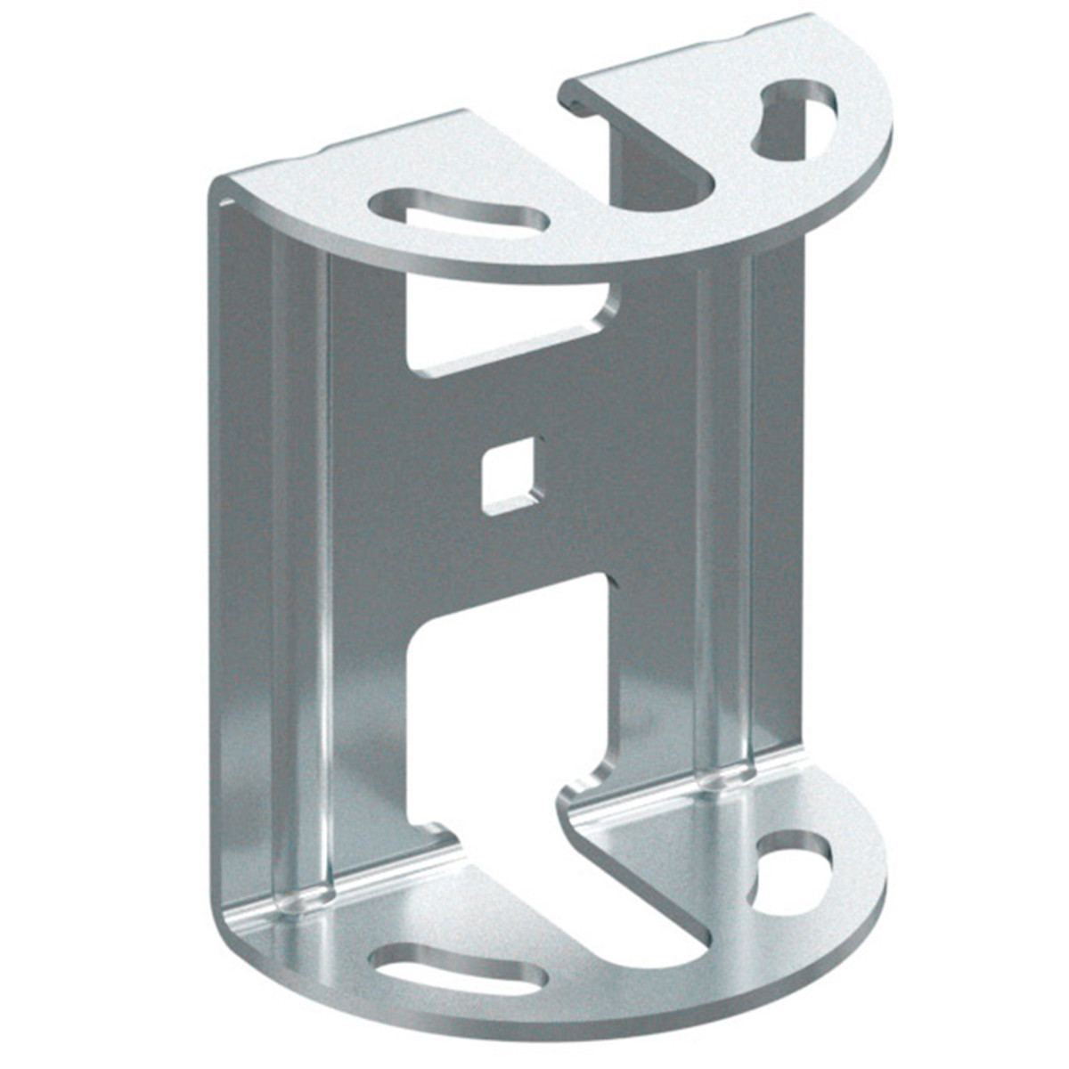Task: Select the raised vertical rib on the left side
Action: [298, 570]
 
